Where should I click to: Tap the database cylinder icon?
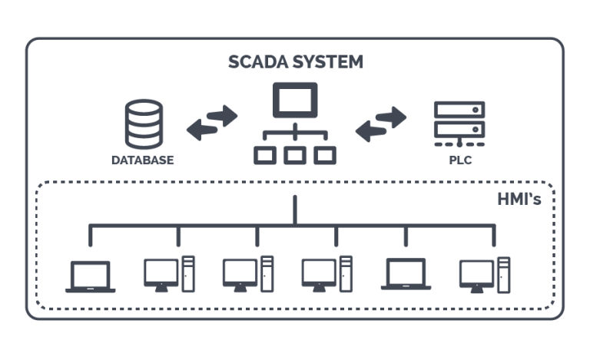point(144,124)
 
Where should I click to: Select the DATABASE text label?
point(143,161)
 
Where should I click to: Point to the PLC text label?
point(459,161)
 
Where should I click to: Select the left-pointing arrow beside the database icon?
point(203,130)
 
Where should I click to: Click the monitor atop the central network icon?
point(294,101)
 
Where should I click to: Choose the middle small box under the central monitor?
point(294,155)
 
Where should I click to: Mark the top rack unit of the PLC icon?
point(459,110)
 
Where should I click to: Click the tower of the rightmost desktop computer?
point(503,274)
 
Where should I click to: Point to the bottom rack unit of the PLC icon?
point(459,127)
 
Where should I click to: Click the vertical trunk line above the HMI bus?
point(294,210)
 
